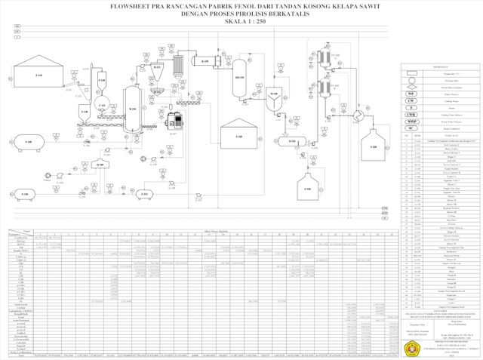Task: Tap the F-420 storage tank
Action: [373, 148]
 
